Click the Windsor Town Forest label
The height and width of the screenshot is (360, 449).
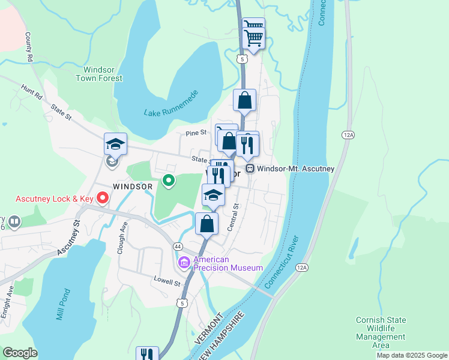[99, 73]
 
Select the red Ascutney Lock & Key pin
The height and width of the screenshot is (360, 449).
[103, 197]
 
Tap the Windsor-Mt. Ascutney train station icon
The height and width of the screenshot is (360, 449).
[250, 169]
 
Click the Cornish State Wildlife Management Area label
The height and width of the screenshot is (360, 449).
[381, 332]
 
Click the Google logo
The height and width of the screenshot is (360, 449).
[20, 353]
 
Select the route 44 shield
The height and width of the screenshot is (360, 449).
[178, 247]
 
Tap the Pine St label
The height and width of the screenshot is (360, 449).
[196, 132]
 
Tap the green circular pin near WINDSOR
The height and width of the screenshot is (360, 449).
[169, 180]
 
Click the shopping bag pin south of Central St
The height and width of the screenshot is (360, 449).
[206, 224]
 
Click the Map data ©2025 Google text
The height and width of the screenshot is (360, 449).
[411, 355]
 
